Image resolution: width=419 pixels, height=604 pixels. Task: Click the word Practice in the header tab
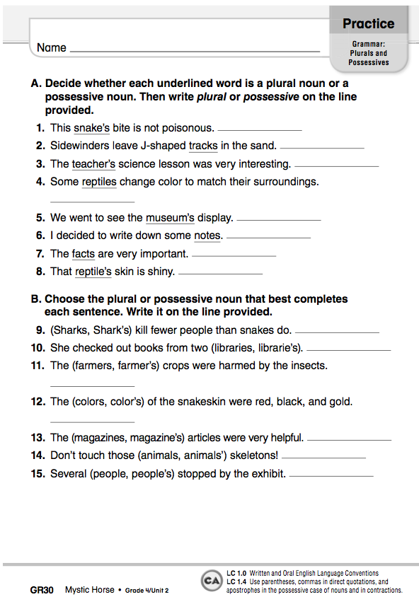[368, 23]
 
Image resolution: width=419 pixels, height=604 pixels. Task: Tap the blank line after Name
[195, 51]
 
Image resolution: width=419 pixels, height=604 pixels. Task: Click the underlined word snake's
[91, 128]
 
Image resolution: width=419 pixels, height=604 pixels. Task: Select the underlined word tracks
[203, 146]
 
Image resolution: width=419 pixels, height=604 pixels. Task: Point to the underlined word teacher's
[93, 164]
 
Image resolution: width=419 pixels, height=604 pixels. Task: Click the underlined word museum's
[170, 218]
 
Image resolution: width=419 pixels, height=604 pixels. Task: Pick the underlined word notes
[208, 236]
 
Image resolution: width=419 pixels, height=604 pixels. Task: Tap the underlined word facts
[83, 253]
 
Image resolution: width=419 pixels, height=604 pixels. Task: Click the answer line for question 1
[260, 130]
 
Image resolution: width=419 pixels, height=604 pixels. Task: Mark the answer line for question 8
[220, 273]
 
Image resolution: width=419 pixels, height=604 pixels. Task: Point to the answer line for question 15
[331, 476]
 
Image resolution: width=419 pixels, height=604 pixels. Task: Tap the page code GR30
[42, 589]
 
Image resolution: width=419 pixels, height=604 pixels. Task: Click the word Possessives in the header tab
[369, 62]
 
